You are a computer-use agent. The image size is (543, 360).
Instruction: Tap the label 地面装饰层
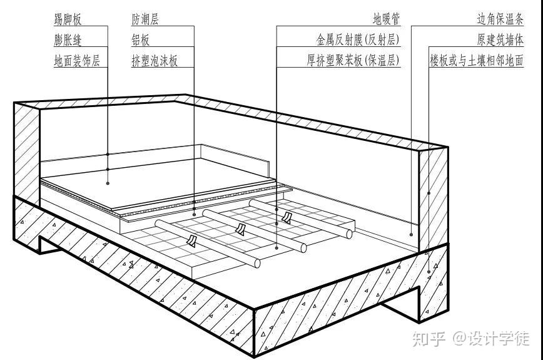77,61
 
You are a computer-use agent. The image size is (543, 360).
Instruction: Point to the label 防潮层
145,19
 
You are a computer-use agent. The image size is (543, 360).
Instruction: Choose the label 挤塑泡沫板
155,61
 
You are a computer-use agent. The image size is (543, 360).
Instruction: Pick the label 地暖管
386,19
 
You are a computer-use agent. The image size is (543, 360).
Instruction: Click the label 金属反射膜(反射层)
358,40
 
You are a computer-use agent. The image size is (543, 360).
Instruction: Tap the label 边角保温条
500,19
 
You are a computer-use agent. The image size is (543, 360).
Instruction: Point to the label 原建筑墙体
500,40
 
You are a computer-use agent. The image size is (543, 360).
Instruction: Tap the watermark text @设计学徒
492,339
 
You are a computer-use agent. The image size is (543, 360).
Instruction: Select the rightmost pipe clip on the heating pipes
287,217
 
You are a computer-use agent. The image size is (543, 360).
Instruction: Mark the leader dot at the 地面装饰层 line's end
108,183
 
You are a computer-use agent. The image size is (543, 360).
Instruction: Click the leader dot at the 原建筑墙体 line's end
429,193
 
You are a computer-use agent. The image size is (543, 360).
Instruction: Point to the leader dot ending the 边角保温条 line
411,234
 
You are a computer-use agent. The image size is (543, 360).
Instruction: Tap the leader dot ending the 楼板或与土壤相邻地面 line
429,270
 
